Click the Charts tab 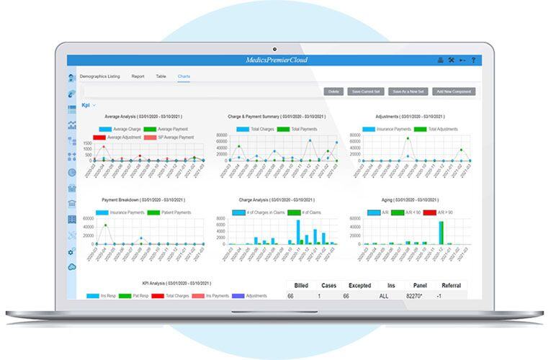[184, 76]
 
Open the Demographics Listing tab [99, 76]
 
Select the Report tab [138, 76]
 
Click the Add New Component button [454, 91]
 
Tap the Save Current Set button [365, 91]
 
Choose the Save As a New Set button [408, 91]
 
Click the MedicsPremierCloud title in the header [276, 60]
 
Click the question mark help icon [473, 60]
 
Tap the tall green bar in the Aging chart [442, 233]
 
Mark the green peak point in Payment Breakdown [106, 225]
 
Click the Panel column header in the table [420, 285]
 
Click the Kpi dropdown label [87, 105]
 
